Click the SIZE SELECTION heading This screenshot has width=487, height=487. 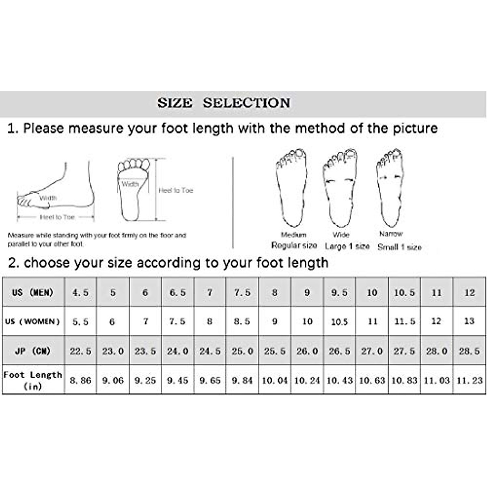click(224, 103)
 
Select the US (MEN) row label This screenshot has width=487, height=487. click(33, 292)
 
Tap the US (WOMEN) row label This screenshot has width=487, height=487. click(32, 321)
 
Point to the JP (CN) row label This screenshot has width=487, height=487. click(33, 351)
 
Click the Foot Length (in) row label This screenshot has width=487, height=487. click(33, 380)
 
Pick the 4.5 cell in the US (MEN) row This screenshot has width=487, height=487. click(80, 292)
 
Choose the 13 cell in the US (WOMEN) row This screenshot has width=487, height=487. click(469, 321)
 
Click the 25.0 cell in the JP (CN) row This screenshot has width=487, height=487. click(242, 351)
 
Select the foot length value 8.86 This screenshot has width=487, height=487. click(80, 381)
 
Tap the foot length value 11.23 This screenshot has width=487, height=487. click(469, 381)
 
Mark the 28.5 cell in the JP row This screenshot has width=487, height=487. click(469, 351)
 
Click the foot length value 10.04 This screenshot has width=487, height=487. click(275, 381)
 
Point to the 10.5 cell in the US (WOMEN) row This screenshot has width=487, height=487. click(339, 322)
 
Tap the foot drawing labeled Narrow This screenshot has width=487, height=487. click(390, 187)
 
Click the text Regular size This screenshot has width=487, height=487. click(294, 246)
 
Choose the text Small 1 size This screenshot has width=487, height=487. click(399, 247)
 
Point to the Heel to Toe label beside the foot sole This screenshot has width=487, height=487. click(176, 190)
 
